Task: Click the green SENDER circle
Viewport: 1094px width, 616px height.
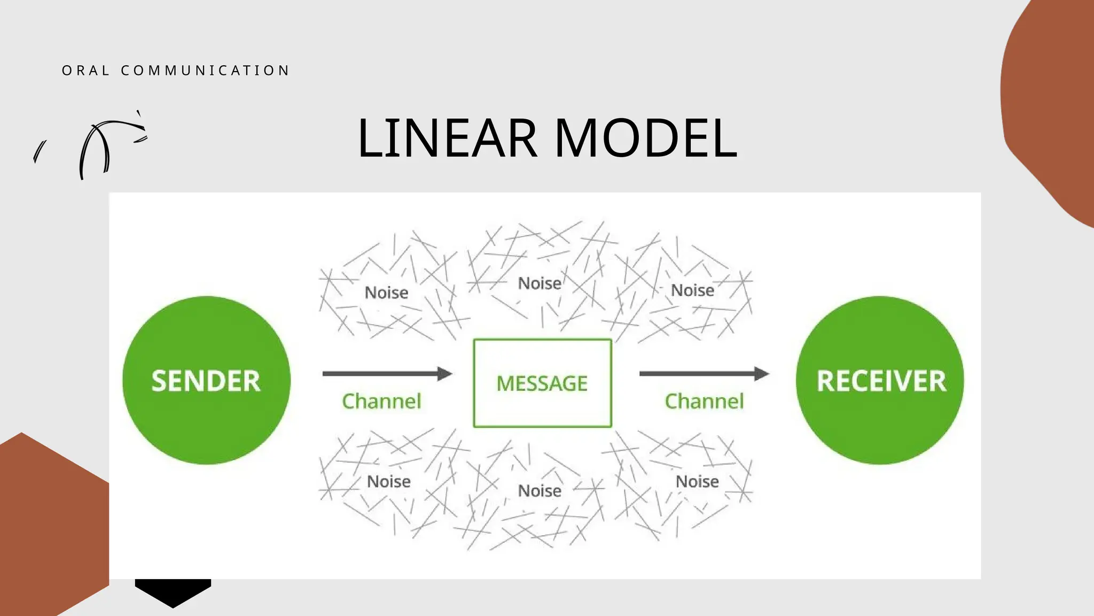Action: [x=206, y=380]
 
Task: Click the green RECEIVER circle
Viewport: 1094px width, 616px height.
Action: [x=880, y=380]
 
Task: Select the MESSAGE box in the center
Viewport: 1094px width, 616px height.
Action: [x=542, y=383]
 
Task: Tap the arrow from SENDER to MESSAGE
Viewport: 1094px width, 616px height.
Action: [x=387, y=373]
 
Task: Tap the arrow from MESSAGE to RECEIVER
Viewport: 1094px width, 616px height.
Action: [x=704, y=373]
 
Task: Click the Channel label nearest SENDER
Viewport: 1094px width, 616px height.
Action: [x=381, y=401]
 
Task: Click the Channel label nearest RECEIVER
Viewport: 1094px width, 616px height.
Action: [x=704, y=401]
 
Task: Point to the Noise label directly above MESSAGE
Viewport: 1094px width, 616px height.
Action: [x=540, y=283]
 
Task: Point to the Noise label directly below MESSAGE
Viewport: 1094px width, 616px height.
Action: [x=540, y=490]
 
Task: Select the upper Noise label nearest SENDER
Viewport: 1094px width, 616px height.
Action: [x=386, y=292]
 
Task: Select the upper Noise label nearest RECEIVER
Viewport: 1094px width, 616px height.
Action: [x=692, y=290]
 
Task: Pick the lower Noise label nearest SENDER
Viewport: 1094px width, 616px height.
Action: [x=388, y=481]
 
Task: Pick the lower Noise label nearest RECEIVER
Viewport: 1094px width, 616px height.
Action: [x=697, y=481]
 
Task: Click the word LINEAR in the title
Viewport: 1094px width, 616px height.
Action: [x=447, y=138]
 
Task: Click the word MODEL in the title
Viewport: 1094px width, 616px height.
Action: [x=646, y=138]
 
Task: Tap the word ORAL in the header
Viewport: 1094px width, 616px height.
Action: [x=85, y=71]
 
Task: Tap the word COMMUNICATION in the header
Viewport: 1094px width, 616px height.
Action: [x=205, y=71]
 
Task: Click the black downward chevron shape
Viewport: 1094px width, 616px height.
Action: [x=173, y=591]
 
